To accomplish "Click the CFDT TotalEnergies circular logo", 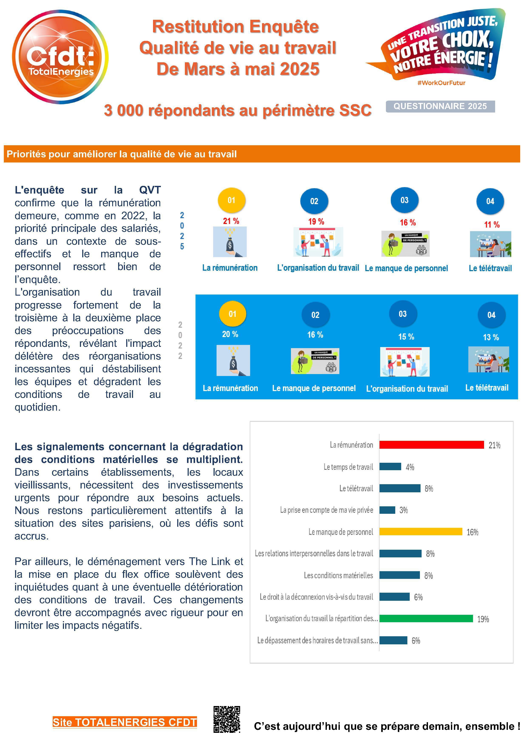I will pyautogui.click(x=60, y=57).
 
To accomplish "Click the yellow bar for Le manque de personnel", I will pyautogui.click(x=421, y=532).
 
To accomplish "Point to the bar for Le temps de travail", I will pyautogui.click(x=390, y=467).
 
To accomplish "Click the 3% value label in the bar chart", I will pyautogui.click(x=403, y=510).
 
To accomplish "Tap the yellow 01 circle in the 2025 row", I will pyautogui.click(x=231, y=201).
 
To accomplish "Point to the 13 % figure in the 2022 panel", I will pyautogui.click(x=491, y=337).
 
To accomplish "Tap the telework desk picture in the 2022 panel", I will pyautogui.click(x=488, y=359).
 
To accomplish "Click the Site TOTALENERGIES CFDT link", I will pyautogui.click(x=125, y=722).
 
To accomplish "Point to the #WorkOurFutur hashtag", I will pyautogui.click(x=441, y=83).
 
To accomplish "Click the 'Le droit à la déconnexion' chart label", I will pyautogui.click(x=316, y=597).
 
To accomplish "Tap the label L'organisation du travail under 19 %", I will pyautogui.click(x=318, y=268).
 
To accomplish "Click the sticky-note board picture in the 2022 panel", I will pyautogui.click(x=405, y=362).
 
